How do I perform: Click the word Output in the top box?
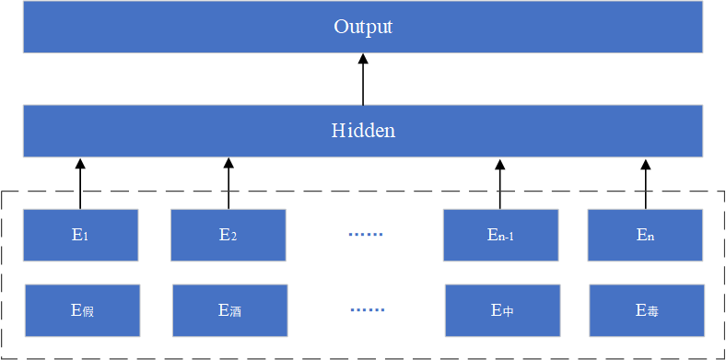coord(363,27)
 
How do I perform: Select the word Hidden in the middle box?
coord(363,131)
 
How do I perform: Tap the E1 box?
coord(80,235)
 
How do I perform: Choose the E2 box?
coord(228,235)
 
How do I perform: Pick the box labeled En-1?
coord(500,235)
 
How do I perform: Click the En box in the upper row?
coord(646,235)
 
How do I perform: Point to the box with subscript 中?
coord(502,310)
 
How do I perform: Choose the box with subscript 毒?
coord(647,310)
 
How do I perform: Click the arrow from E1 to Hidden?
coord(80,184)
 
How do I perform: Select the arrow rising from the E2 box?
coord(228,184)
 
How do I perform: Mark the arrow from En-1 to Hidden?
coord(500,184)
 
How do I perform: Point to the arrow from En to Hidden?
coord(646,184)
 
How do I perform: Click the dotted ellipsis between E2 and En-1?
coord(366,235)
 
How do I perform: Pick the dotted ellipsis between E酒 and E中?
coord(367,310)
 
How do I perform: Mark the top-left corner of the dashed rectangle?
coord(3,192)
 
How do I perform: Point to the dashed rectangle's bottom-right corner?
coord(723,357)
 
